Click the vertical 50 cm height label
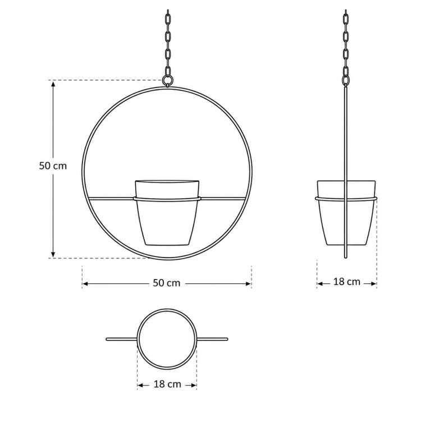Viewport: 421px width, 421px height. tap(53, 166)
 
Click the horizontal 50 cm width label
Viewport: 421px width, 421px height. tap(167, 283)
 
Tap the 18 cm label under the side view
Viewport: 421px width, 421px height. tap(347, 282)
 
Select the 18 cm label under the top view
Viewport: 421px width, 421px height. tap(167, 384)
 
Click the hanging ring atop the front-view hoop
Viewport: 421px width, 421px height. tap(167, 76)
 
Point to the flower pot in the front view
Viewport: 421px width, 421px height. tap(167, 213)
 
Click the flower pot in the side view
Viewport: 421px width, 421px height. tap(346, 213)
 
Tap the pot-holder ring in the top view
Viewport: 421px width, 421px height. tap(138, 339)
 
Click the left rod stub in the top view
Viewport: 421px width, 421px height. tap(121, 339)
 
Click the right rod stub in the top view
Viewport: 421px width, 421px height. tap(212, 339)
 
